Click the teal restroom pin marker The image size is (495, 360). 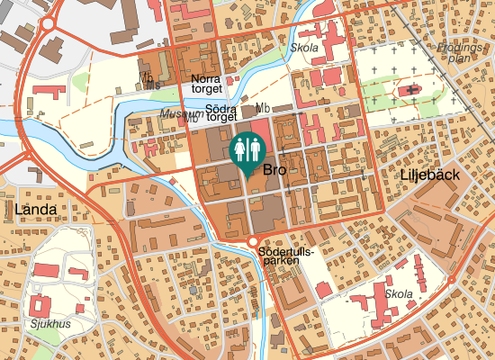pos(247,151)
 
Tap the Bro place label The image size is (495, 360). pos(274,169)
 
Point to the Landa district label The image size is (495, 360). pos(36,210)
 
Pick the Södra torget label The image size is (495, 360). pos(220,113)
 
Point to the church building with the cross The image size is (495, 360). pos(413,90)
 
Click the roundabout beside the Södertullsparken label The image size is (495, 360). pos(252,241)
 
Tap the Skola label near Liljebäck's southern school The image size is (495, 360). pos(398,294)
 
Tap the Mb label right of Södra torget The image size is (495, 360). pos(263,109)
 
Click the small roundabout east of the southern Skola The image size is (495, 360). pos(451,281)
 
